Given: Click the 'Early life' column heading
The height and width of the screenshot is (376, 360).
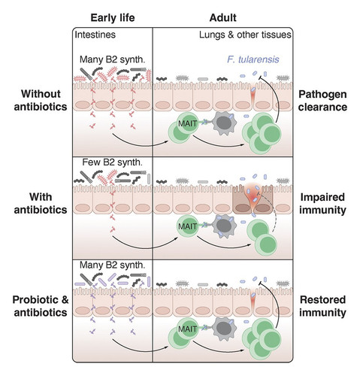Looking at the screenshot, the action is (113, 18).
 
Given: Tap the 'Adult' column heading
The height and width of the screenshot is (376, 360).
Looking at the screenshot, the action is (222, 18).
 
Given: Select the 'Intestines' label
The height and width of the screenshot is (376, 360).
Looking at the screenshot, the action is (95, 35).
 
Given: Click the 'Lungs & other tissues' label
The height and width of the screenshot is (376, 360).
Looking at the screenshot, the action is (245, 35).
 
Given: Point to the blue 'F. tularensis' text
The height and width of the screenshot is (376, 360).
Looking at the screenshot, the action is (253, 59).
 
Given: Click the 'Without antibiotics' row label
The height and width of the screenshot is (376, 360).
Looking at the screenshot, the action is (41, 100).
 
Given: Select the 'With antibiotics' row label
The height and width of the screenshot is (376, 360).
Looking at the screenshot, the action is (41, 203).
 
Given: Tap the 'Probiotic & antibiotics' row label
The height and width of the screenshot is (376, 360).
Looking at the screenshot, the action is (41, 306).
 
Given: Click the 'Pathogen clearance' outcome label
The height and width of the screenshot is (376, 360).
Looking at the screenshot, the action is (322, 101).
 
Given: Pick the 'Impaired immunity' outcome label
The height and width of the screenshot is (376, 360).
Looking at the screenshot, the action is (322, 204).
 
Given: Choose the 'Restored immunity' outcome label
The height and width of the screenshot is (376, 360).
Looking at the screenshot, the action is (322, 306).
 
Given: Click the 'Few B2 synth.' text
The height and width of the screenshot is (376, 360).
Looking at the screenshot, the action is (112, 162).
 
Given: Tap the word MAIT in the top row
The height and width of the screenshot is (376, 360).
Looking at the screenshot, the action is (187, 123).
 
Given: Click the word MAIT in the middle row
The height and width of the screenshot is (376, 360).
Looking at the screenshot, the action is (187, 226).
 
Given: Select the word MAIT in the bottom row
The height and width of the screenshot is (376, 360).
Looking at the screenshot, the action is (187, 329).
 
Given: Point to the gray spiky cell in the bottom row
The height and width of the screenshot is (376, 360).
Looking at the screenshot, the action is (224, 329).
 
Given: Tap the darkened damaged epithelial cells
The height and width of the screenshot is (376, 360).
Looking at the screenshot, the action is (253, 200).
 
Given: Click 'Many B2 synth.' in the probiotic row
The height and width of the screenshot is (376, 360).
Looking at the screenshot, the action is (112, 265).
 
